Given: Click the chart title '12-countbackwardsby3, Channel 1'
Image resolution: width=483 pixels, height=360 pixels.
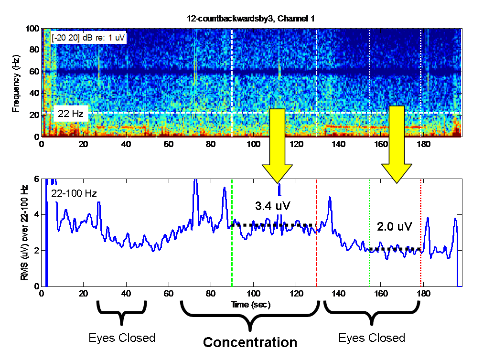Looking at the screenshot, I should (250, 19).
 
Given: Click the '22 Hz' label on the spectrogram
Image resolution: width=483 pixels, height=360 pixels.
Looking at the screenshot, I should (70, 113).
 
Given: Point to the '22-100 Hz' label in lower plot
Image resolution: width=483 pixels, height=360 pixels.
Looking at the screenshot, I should (74, 194).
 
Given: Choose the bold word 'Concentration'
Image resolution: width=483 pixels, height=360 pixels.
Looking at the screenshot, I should (250, 342).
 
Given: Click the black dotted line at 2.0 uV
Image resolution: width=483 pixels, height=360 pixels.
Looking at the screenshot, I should (395, 249).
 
